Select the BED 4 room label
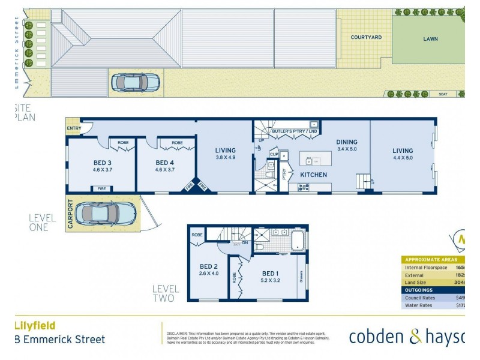165,163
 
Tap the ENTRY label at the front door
74,128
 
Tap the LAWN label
430,39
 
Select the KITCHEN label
314,175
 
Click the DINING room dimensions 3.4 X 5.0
347,149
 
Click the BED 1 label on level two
269,273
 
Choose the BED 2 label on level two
209,267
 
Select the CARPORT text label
70,214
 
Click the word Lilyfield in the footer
34,325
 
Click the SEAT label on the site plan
443,94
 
